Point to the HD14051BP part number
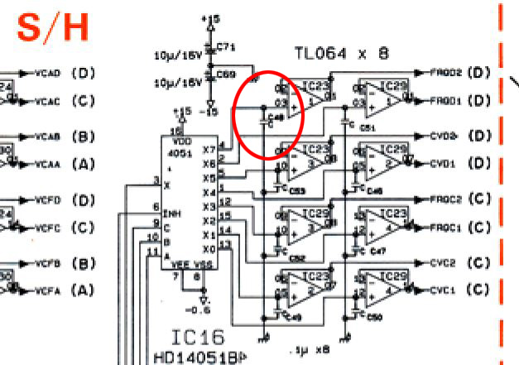199,358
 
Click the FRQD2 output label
446,73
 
